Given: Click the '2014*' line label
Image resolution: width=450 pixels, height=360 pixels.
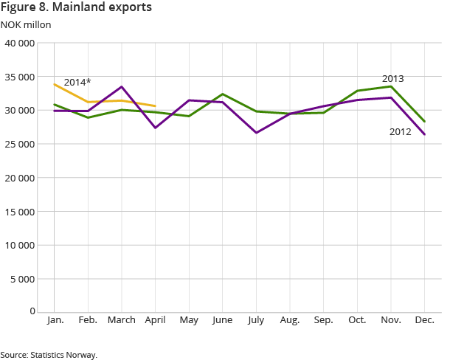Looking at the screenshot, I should pos(76,82).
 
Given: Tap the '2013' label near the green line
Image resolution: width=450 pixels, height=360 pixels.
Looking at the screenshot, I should pos(392,78).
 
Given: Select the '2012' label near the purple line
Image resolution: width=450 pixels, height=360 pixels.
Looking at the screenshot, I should pos(401,132).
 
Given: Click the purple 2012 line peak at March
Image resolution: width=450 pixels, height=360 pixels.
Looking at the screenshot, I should pos(122,87).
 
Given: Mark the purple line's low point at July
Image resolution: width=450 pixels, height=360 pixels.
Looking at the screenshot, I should pos(256,133).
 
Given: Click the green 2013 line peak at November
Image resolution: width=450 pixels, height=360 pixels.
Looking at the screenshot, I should pos(391,86).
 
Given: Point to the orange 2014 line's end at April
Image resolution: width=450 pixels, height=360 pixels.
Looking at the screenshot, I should pos(155,106).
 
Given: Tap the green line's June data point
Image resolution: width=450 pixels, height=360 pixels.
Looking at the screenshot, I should pos(223,94).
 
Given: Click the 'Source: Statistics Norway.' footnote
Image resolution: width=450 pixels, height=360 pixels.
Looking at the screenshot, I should pos(49,355).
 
